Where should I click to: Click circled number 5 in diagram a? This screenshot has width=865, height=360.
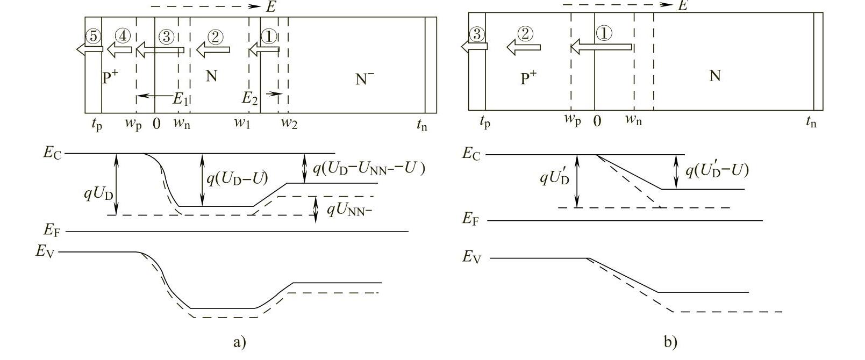click(x=93, y=37)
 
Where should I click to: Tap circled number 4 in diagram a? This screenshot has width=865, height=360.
click(x=123, y=36)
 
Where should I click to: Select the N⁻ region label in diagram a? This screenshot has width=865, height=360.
click(x=365, y=79)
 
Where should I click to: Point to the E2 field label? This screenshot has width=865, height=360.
click(x=249, y=98)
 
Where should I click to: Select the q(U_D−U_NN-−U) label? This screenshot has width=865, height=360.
click(x=369, y=169)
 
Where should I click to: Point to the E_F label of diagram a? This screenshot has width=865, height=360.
click(x=52, y=231)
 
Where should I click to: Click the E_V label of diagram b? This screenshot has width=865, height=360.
click(x=471, y=257)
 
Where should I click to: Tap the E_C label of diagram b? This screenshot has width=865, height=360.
click(x=471, y=154)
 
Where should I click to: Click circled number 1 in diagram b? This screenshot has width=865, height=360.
click(x=604, y=33)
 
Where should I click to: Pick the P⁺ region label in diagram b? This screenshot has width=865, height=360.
click(x=529, y=78)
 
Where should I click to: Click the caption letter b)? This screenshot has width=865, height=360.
click(x=670, y=342)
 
